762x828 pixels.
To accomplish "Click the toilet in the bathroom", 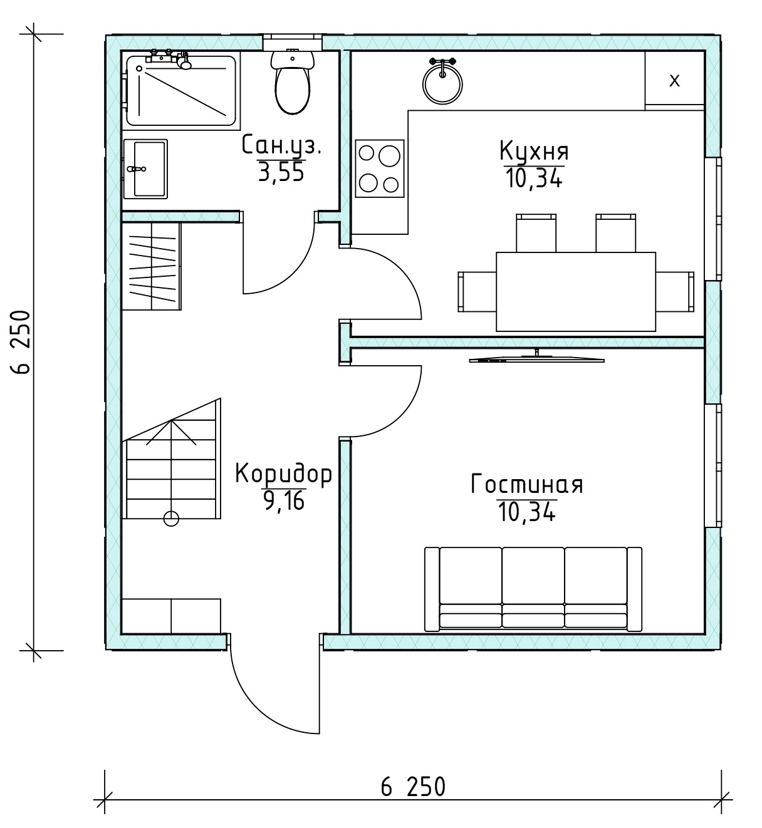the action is [x=293, y=81].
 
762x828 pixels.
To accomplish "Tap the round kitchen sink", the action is [x=442, y=83].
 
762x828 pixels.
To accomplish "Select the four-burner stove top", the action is [x=380, y=168].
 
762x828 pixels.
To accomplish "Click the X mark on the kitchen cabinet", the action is [x=674, y=81].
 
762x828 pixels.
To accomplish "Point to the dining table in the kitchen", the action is [x=576, y=291].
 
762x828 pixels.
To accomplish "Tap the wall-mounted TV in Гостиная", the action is [x=536, y=357].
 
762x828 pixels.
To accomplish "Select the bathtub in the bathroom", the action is [x=181, y=91].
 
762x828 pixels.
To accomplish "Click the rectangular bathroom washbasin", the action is [x=145, y=169].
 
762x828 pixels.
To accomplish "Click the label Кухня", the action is [x=534, y=151].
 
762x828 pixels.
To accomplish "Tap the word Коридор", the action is [x=283, y=474].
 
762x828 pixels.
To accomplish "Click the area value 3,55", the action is [x=281, y=172].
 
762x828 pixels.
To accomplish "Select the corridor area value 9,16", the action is [x=283, y=501].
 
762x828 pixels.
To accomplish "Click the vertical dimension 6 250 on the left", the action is [x=21, y=342].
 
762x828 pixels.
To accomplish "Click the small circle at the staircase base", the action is [x=171, y=519].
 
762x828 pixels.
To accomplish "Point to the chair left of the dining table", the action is [x=477, y=291].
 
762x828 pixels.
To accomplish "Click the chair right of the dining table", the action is [x=675, y=291].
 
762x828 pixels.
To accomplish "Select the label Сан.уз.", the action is [x=281, y=146].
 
